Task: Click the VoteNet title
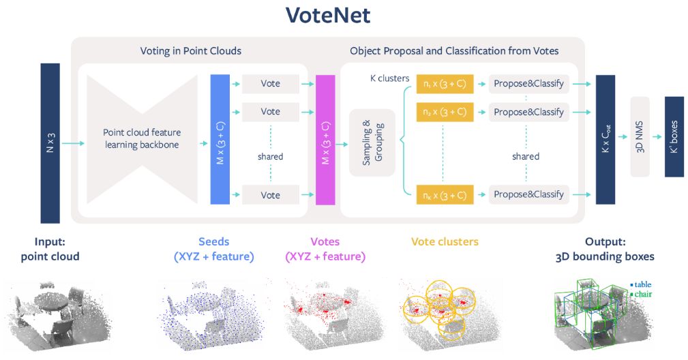point(328,15)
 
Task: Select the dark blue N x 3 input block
point(50,143)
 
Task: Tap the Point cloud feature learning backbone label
point(142,138)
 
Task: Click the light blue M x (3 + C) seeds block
point(220,140)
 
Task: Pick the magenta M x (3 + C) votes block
point(325,140)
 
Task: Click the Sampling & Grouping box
point(372,142)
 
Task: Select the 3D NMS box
point(640,137)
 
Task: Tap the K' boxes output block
point(674,137)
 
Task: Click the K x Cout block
point(605,140)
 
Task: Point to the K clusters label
point(389,78)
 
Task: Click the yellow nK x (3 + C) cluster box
point(445,195)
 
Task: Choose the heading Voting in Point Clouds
point(191,51)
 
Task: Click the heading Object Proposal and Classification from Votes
point(454,51)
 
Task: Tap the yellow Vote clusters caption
point(445,241)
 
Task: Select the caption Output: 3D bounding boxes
point(605,249)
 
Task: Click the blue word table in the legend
point(643,284)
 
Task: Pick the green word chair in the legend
point(643,295)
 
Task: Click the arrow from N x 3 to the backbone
point(73,143)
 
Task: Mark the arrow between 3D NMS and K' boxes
point(657,137)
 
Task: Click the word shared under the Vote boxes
point(270,157)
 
